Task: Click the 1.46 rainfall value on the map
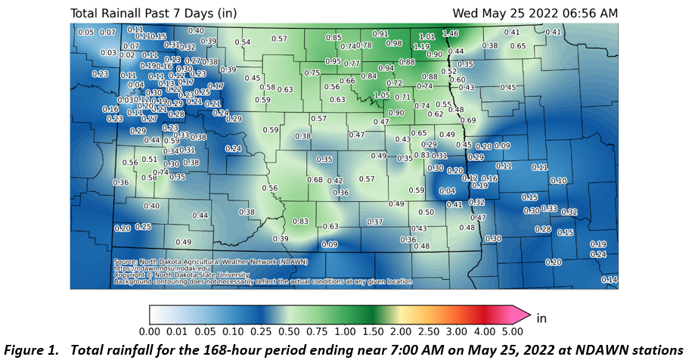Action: click(451, 34)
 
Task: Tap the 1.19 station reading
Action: click(421, 47)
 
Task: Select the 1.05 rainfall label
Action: click(382, 95)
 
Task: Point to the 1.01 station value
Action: click(427, 36)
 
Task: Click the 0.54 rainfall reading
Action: click(242, 42)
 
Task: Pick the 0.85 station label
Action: click(333, 38)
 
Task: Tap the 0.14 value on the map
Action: click(609, 280)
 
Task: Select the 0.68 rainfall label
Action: click(315, 179)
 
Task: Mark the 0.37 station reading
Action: click(374, 222)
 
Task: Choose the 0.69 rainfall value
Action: click(468, 121)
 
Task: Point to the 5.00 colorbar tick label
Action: click(513, 331)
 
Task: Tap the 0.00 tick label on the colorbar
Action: click(149, 331)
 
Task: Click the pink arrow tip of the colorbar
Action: click(524, 315)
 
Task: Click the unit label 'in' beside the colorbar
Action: click(541, 318)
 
